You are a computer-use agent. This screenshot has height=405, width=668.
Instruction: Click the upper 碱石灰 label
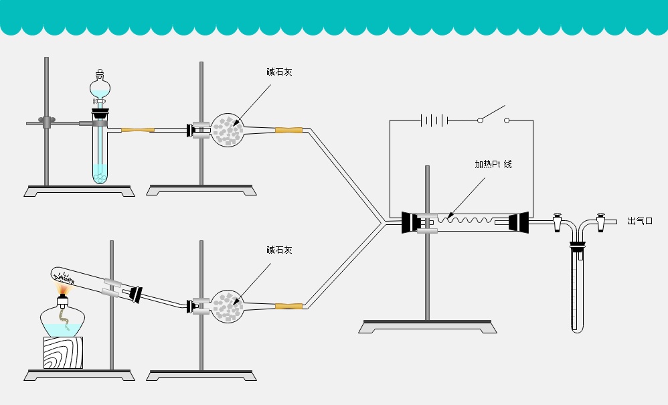pos(279,72)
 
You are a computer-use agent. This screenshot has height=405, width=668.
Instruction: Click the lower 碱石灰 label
pos(279,250)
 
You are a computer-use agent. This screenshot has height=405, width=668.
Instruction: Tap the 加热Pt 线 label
pos(493,164)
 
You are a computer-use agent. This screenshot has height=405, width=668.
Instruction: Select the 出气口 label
pos(639,221)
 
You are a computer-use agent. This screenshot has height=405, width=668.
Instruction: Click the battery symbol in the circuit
pos(433,120)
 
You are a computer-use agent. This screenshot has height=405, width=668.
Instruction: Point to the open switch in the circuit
pos(493,115)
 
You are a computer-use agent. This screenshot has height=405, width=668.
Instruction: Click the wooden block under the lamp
pos(62,352)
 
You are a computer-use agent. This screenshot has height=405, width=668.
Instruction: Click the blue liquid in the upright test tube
pos(100,173)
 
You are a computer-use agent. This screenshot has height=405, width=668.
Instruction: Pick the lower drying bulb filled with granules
pos(227,307)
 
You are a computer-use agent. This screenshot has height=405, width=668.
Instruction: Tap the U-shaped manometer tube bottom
pos(578,328)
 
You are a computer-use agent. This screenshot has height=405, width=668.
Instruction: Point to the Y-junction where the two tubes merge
pos(384,222)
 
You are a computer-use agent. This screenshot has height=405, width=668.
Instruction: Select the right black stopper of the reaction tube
pos(518,222)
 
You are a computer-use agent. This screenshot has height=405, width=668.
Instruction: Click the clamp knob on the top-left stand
pos(46,122)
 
